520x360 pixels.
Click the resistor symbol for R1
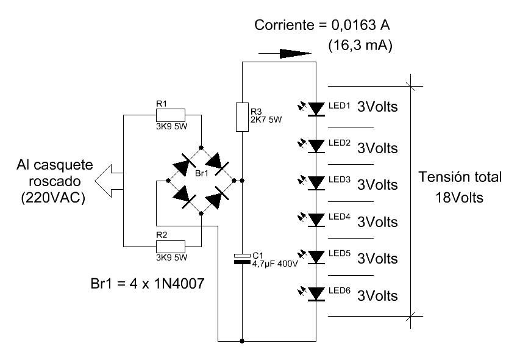click(171, 114)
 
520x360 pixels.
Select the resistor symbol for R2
click(171, 246)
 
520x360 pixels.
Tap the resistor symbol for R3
click(242, 117)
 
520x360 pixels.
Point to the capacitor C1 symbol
click(242, 259)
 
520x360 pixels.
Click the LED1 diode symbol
click(316, 108)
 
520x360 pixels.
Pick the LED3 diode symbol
click(316, 182)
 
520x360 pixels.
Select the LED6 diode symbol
click(316, 294)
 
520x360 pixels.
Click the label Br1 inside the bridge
click(202, 174)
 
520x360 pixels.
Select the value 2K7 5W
click(266, 120)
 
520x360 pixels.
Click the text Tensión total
click(460, 178)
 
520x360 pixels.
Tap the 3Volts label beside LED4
click(377, 220)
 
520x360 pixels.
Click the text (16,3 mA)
click(360, 45)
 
